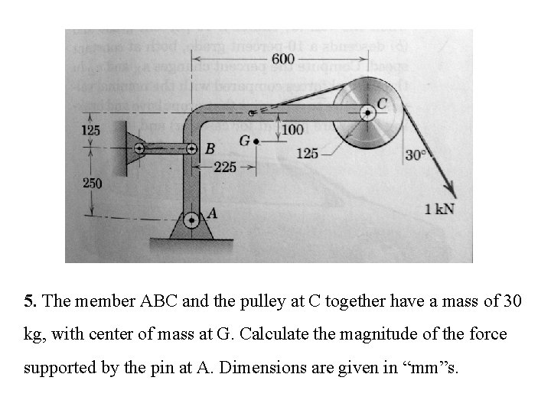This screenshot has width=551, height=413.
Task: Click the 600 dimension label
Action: (282, 59)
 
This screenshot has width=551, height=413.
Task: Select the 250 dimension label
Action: (92, 184)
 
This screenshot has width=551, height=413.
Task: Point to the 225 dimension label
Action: (224, 167)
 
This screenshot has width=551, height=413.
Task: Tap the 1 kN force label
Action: (439, 209)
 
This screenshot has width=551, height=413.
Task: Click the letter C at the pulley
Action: (382, 103)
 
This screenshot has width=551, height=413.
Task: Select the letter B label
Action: (210, 148)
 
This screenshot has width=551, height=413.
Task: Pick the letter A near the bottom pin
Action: (212, 215)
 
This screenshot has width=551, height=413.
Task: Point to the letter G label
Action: (244, 141)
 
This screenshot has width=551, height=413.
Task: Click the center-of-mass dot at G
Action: (256, 141)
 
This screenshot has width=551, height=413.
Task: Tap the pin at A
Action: (191, 219)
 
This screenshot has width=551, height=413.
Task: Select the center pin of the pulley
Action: (368, 113)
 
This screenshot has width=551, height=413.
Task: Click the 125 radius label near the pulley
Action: (307, 154)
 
